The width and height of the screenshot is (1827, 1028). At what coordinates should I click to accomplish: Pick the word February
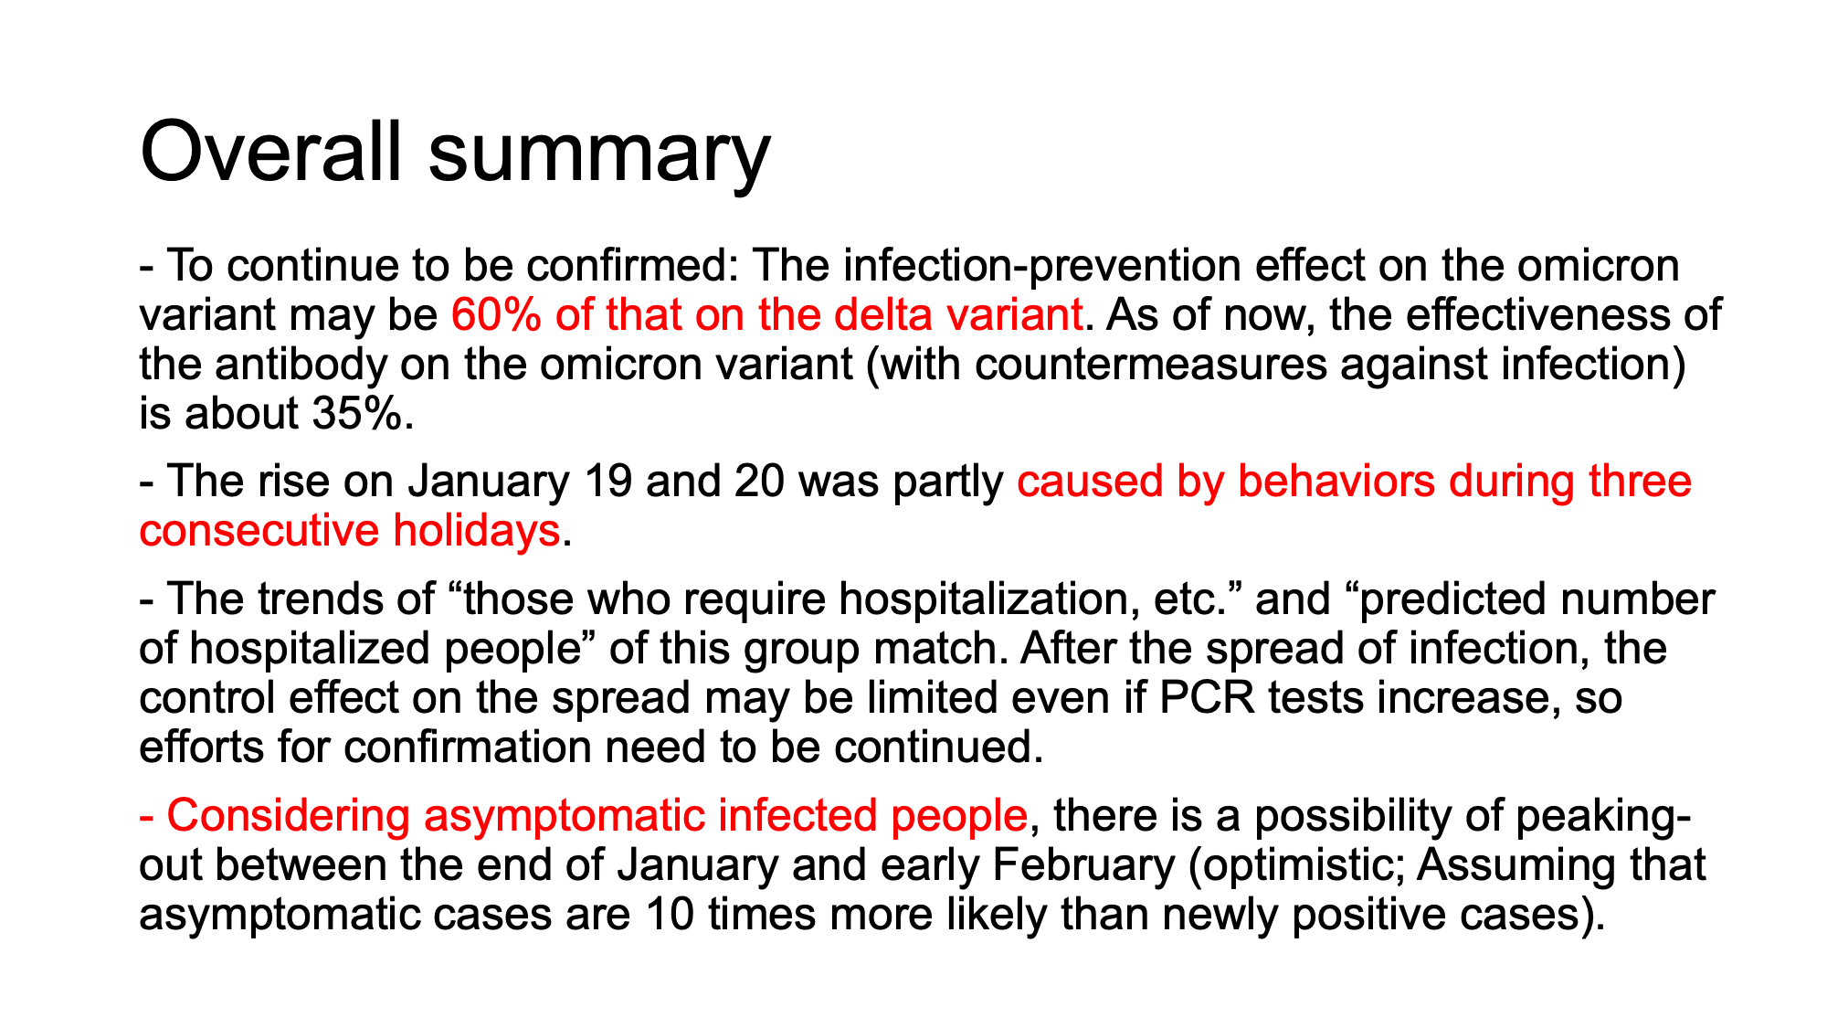(x=1082, y=864)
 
